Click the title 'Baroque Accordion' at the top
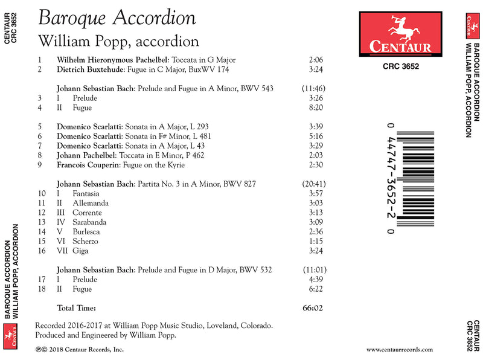pos(117,18)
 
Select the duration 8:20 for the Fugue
pos(316,108)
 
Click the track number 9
pos(39,165)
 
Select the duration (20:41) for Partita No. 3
pos(313,184)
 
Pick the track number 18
pos(41,289)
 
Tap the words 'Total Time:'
pos(76,308)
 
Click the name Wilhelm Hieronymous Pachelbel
pos(113,60)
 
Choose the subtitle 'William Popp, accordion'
pos(118,41)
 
